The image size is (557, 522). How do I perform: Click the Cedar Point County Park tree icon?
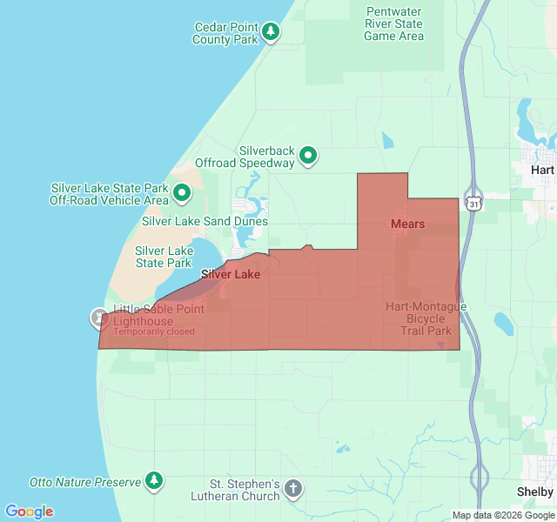coord(272,32)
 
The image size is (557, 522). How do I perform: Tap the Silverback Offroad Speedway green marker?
coord(307,157)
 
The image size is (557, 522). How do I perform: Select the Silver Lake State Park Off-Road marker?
coord(182,192)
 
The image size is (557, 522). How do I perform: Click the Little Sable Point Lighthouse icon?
coord(98,318)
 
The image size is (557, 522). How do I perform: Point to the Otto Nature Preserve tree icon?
coord(154,479)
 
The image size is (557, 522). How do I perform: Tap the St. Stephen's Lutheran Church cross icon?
coord(293,488)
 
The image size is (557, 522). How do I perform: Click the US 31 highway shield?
coord(473,202)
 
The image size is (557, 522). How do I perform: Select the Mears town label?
coord(407,224)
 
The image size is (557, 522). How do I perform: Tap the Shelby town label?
coord(534,492)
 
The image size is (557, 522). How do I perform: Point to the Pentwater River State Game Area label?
coord(393,24)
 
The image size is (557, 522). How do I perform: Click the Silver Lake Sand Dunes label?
coord(205,221)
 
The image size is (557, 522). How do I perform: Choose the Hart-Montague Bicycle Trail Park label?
coord(426,318)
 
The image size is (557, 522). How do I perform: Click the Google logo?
coord(29,512)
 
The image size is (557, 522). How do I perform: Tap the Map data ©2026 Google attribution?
coord(503,515)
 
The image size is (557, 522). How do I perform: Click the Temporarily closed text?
coord(154,331)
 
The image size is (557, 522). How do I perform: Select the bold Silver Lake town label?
coord(231,274)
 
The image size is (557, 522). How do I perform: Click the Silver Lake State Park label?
coord(163,257)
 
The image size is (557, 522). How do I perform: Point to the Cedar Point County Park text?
coord(225,33)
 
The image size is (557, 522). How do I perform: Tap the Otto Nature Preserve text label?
coord(85,481)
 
